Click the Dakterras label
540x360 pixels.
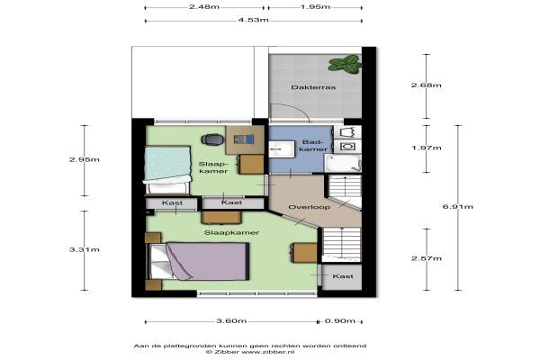coord(313,87)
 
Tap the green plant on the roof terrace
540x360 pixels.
coord(345,65)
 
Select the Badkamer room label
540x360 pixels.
coord(313,146)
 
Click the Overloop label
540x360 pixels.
coord(309,207)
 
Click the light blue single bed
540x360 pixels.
coord(167,170)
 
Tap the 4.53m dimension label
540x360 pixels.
coord(253,20)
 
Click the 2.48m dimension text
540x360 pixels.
coord(204,7)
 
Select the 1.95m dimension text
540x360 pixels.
coord(315,7)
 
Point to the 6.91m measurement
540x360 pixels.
coord(458,207)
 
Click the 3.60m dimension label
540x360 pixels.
coord(231,321)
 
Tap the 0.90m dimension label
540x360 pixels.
coord(340,321)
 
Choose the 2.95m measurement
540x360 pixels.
coord(85,159)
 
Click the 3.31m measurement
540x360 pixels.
coord(85,249)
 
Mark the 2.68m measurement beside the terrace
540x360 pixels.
coord(427,85)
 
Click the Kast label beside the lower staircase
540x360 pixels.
coord(343,276)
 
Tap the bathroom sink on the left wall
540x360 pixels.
coord(282,149)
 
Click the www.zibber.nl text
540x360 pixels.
coord(267,352)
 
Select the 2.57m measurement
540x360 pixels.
coord(427,258)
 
